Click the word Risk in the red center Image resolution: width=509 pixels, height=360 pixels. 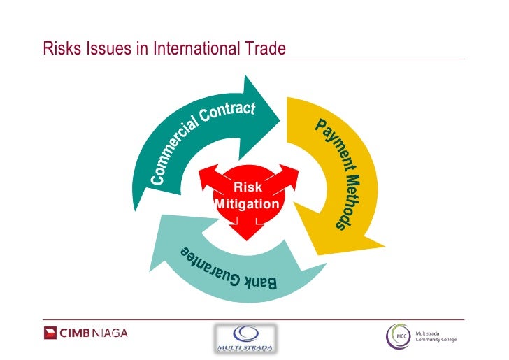248,187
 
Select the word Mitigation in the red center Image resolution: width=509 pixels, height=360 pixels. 248,204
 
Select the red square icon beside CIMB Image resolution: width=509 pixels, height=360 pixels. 51,333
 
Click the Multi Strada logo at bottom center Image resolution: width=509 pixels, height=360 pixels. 244,338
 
